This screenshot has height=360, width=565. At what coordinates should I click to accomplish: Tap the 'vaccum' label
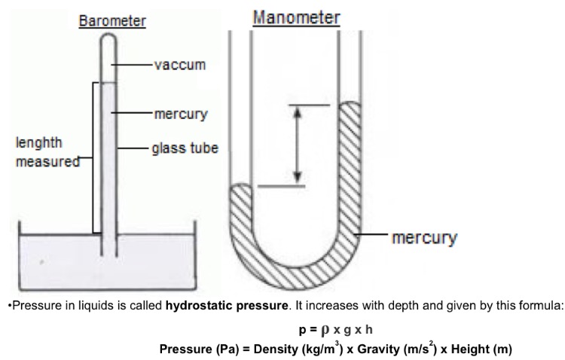pos(179,66)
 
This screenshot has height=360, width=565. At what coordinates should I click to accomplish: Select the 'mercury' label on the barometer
pos(181,114)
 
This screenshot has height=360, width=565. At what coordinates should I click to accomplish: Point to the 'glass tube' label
pos(185,148)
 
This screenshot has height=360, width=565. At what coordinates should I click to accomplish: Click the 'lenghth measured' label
pos(42,151)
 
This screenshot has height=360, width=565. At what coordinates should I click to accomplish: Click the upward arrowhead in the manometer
pos(298,112)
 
